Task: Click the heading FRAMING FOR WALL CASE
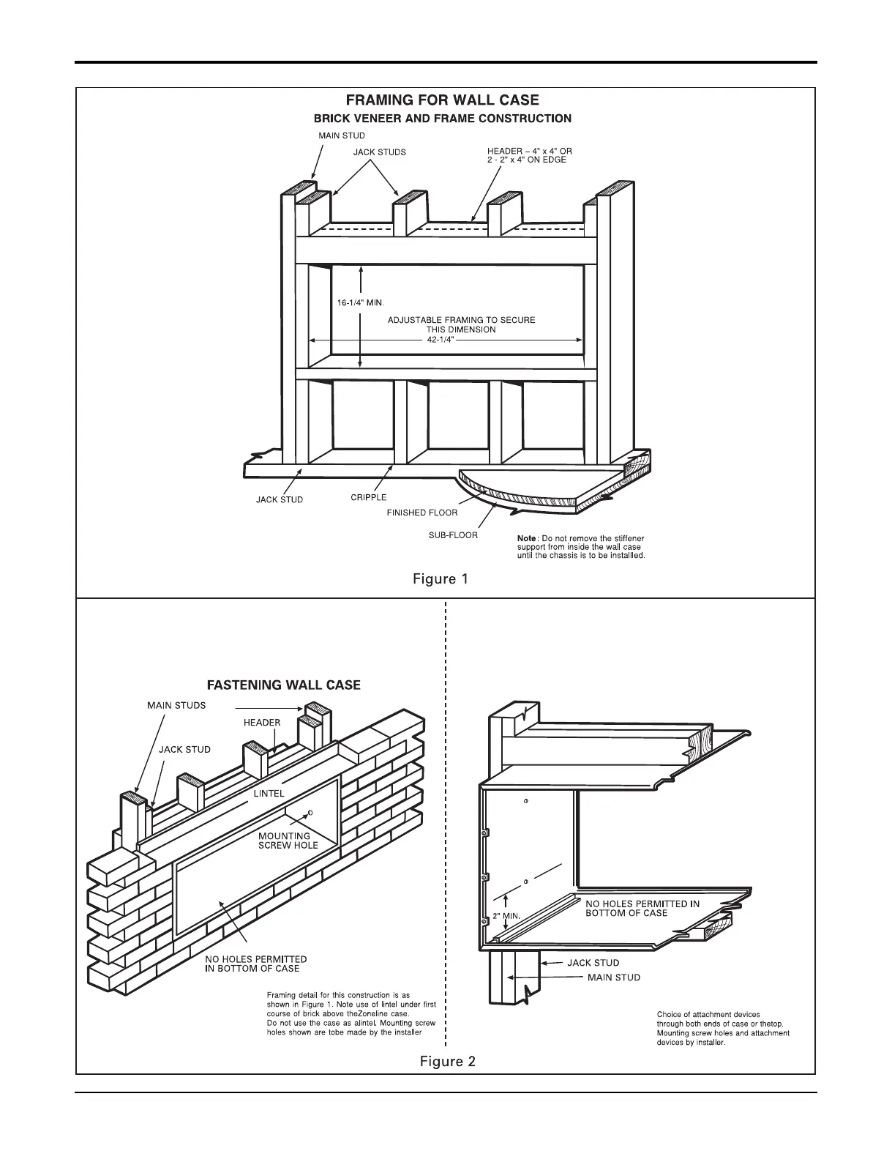(442, 100)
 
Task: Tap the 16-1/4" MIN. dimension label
(361, 302)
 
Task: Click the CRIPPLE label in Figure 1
(368, 498)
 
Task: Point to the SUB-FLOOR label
(453, 535)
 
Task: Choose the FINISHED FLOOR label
(422, 513)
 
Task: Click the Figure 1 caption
(441, 579)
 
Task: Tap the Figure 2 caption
(447, 1061)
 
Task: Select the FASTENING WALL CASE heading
(284, 685)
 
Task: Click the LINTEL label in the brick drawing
(269, 793)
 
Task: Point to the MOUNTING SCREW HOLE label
(288, 841)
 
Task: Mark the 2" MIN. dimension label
(506, 916)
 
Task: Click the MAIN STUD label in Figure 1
(342, 135)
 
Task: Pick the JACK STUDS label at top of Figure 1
(379, 152)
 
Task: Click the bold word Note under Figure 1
(527, 539)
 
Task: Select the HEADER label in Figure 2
(262, 723)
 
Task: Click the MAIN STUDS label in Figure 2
(176, 706)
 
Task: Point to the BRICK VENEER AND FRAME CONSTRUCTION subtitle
(443, 119)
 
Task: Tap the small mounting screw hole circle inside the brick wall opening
(312, 813)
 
